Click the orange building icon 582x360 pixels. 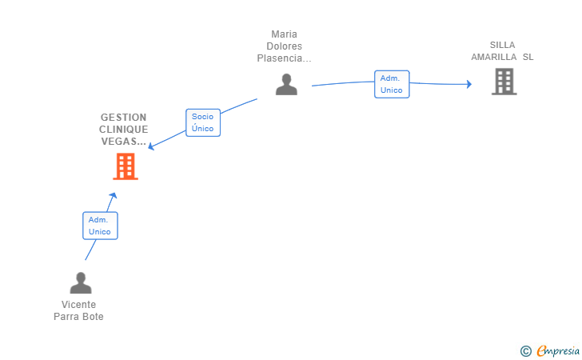126,166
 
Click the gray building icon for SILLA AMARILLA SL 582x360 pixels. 504,82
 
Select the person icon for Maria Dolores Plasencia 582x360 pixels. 286,84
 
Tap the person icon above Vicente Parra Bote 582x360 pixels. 81,282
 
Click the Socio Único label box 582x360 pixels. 203,122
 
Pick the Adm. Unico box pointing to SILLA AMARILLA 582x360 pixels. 392,84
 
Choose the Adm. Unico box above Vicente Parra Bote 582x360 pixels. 100,226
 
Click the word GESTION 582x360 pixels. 124,118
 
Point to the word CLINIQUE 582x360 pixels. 124,130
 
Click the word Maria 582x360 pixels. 285,34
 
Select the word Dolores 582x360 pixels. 285,46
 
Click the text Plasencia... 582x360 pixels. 280,58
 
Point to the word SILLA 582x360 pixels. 503,45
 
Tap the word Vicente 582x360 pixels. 78,305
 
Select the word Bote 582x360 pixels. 94,317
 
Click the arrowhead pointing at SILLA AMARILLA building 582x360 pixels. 469,84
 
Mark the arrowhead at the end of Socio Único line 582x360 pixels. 150,146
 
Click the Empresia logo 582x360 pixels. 550,350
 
